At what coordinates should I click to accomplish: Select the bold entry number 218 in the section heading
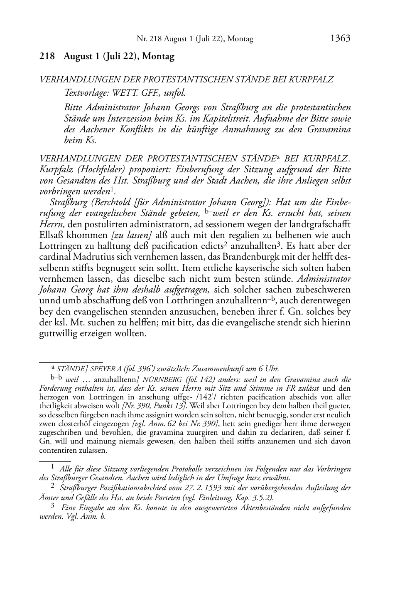(x=47, y=56)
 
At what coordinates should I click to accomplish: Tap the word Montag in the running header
(x=240, y=39)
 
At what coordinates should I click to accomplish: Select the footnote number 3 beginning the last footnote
(x=53, y=506)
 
